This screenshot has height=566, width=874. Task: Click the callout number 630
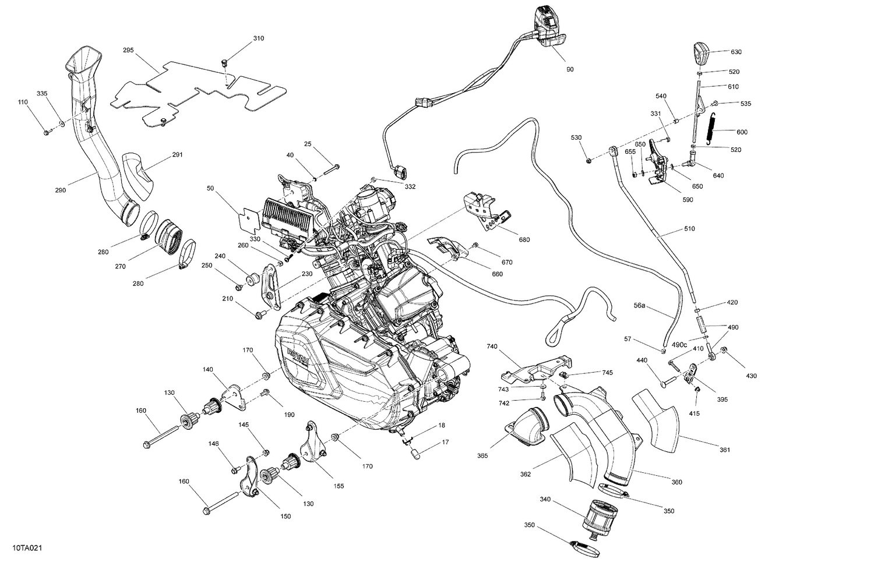pyautogui.click(x=736, y=52)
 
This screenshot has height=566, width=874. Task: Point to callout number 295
pyautogui.click(x=128, y=51)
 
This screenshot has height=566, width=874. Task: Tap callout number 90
pyautogui.click(x=570, y=69)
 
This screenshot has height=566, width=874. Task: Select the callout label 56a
pyautogui.click(x=640, y=306)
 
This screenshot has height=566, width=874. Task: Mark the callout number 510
pyautogui.click(x=689, y=229)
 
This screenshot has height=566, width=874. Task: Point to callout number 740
pyautogui.click(x=492, y=346)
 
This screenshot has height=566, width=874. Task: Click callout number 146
pyautogui.click(x=214, y=444)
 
